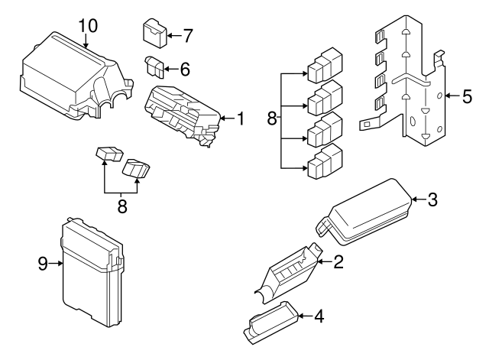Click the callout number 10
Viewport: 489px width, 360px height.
tap(88, 25)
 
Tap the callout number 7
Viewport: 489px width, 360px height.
tap(188, 35)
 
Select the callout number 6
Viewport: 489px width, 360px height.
tap(184, 68)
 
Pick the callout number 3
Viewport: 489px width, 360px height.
tap(432, 201)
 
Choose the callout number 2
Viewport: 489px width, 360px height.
tap(338, 262)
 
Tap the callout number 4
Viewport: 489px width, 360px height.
tap(318, 314)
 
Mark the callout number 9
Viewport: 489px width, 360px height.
tap(44, 264)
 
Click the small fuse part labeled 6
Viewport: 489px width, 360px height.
tap(156, 67)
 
